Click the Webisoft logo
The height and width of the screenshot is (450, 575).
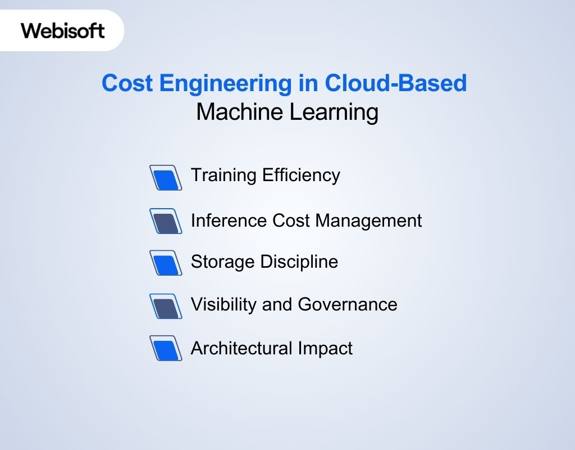coord(63,30)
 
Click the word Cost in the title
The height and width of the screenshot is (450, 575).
coord(127,84)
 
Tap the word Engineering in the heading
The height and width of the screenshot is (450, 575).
coord(223,84)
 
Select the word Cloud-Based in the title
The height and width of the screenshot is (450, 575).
coord(396,84)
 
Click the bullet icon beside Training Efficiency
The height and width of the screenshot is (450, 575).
coord(166,178)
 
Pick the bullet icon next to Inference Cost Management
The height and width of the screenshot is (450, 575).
coord(166,221)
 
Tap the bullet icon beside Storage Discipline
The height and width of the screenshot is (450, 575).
coord(166,263)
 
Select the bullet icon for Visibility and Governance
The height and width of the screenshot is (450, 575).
coord(166,306)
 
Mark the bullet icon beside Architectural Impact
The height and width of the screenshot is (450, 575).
coord(166,348)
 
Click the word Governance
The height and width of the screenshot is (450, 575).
coord(348,304)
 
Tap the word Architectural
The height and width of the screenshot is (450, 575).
coord(241,348)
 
